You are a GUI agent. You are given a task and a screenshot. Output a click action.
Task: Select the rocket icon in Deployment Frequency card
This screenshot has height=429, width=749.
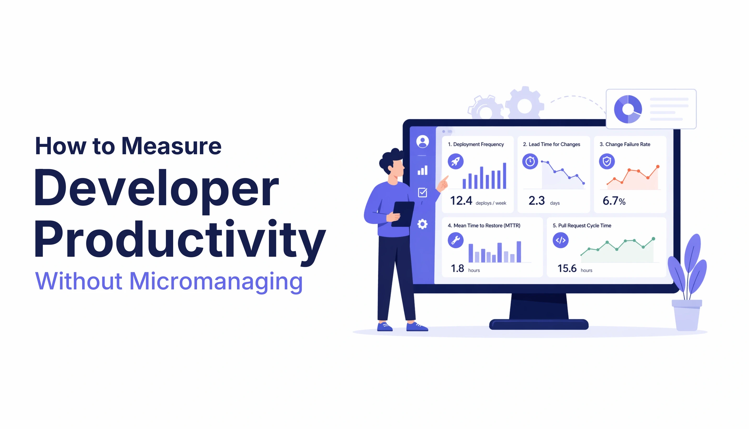[x=455, y=162]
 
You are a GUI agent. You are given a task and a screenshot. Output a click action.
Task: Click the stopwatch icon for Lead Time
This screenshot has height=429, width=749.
[x=530, y=162]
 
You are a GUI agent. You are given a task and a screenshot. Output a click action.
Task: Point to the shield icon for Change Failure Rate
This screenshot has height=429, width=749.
[x=607, y=162]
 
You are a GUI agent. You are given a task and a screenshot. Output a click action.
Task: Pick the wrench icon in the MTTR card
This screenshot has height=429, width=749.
[x=455, y=240]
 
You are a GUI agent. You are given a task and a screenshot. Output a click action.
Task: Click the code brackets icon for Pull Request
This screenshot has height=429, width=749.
[x=560, y=240]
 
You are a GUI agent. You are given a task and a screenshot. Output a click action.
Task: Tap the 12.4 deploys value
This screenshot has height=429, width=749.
[x=461, y=201]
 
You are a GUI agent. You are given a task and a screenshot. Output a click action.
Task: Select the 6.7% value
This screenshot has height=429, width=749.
[x=614, y=201]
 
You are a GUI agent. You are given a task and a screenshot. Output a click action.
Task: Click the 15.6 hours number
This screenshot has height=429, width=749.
[x=567, y=268]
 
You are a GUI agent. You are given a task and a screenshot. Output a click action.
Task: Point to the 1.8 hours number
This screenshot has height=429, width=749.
[x=457, y=268]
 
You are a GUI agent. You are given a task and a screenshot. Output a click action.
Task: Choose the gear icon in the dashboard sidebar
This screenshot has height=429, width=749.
[x=423, y=224]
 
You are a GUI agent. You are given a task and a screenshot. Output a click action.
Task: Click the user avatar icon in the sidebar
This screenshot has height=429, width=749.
[x=423, y=141]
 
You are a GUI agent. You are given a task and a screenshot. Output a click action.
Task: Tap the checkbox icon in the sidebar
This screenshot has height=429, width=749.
[x=423, y=192]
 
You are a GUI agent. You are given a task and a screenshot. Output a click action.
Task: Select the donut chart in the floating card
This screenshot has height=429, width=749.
[x=628, y=109]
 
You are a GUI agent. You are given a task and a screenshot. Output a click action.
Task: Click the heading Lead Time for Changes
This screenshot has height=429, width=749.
[x=551, y=144]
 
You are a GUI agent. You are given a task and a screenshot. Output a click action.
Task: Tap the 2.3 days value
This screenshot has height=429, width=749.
[x=537, y=201]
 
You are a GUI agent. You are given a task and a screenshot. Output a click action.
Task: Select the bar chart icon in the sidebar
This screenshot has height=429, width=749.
[x=423, y=170]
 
